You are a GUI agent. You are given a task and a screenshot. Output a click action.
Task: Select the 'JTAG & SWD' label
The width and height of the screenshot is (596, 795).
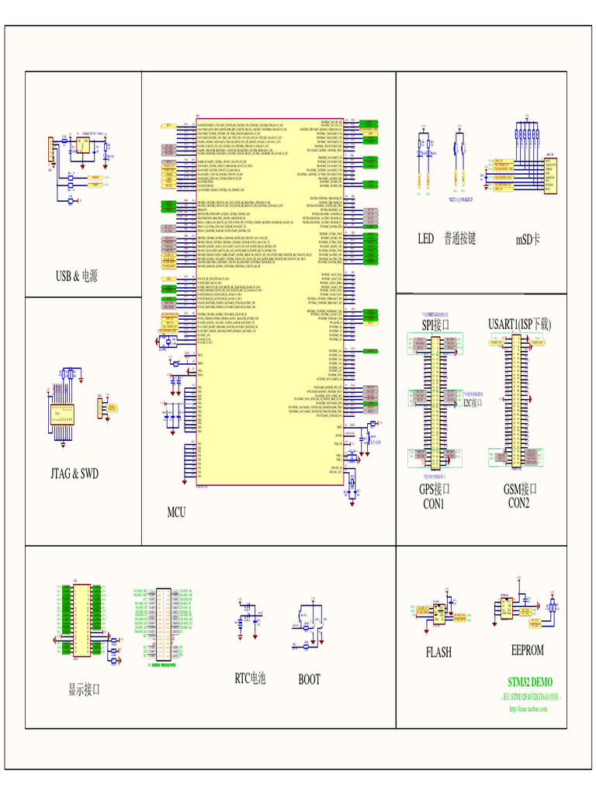74,473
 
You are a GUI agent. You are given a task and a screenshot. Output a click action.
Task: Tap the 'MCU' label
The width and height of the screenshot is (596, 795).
176,512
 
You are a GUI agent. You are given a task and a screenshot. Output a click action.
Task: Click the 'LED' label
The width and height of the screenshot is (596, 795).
425,238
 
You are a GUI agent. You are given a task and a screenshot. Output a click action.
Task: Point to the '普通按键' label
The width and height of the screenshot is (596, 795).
459,238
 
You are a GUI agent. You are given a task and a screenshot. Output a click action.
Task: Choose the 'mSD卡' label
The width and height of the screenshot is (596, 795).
528,239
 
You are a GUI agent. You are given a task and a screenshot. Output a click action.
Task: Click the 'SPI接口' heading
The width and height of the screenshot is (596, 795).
435,324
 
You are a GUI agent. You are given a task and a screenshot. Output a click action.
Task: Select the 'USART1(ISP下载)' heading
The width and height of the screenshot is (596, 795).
519,323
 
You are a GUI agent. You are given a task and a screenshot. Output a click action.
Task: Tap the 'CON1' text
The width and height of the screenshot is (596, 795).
433,503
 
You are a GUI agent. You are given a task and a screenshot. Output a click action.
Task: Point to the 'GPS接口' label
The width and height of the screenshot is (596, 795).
435,489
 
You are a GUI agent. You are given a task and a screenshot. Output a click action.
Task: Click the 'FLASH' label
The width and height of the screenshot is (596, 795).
438,652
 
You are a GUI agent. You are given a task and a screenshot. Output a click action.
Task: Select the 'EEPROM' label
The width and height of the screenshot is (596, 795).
527,650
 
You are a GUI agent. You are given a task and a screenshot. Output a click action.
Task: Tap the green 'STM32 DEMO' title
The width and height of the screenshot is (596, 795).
530,682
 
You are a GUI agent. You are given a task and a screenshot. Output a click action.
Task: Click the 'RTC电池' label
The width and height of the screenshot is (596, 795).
250,679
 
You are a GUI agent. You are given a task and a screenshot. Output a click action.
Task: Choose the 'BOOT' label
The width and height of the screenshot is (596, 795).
309,679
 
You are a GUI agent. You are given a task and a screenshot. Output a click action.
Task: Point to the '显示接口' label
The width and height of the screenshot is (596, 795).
84,689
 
